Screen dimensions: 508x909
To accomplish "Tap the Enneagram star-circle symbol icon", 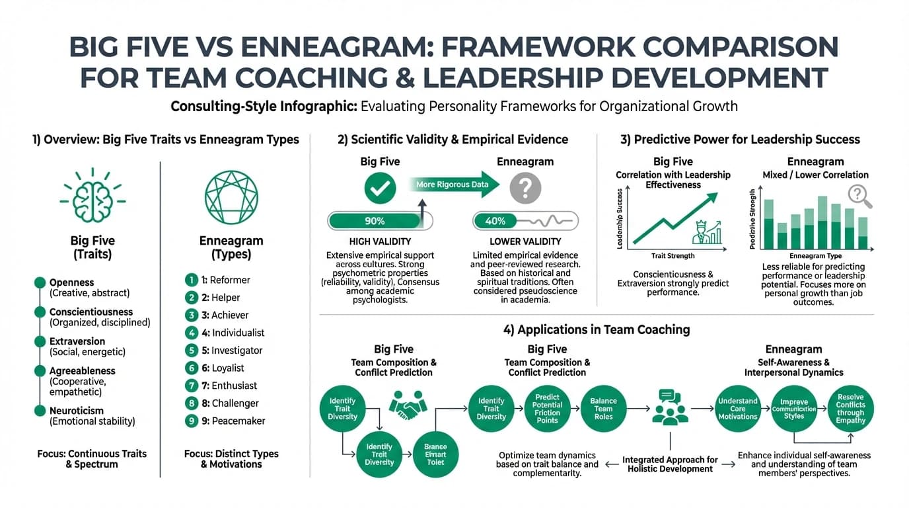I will (x=231, y=197).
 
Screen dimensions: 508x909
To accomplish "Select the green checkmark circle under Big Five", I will (x=380, y=189).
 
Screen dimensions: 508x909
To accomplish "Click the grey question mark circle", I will (x=526, y=189).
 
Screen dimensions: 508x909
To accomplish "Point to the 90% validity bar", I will (x=380, y=221).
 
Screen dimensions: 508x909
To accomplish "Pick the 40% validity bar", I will (x=525, y=221).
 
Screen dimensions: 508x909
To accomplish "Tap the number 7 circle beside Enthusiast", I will (x=192, y=385).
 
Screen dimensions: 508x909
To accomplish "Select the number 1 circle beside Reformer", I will (x=192, y=280).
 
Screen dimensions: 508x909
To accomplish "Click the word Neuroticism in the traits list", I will (x=77, y=411).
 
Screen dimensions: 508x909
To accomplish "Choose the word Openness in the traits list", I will (x=72, y=282).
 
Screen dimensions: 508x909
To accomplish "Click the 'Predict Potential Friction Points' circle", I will (x=547, y=409).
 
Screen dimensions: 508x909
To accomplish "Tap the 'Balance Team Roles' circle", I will (x=603, y=409).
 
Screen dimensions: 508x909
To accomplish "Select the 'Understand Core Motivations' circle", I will (x=738, y=409).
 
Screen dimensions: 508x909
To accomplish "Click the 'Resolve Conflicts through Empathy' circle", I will (x=850, y=409).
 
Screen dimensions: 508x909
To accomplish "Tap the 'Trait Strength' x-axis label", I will (x=673, y=255).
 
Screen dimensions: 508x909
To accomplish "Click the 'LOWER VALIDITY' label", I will (x=525, y=242).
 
